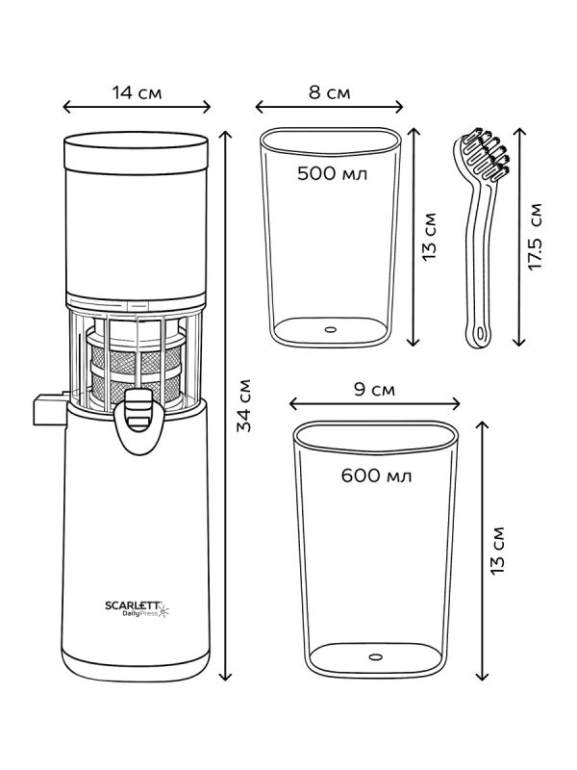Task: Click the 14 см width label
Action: pyautogui.click(x=137, y=92)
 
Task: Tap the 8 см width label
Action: pyautogui.click(x=329, y=92)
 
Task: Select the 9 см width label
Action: pyautogui.click(x=374, y=390)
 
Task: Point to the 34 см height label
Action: pyautogui.click(x=244, y=405)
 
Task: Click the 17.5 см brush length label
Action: pyautogui.click(x=536, y=236)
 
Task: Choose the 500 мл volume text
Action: pyautogui.click(x=332, y=173)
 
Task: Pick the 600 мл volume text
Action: pyautogui.click(x=376, y=475)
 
